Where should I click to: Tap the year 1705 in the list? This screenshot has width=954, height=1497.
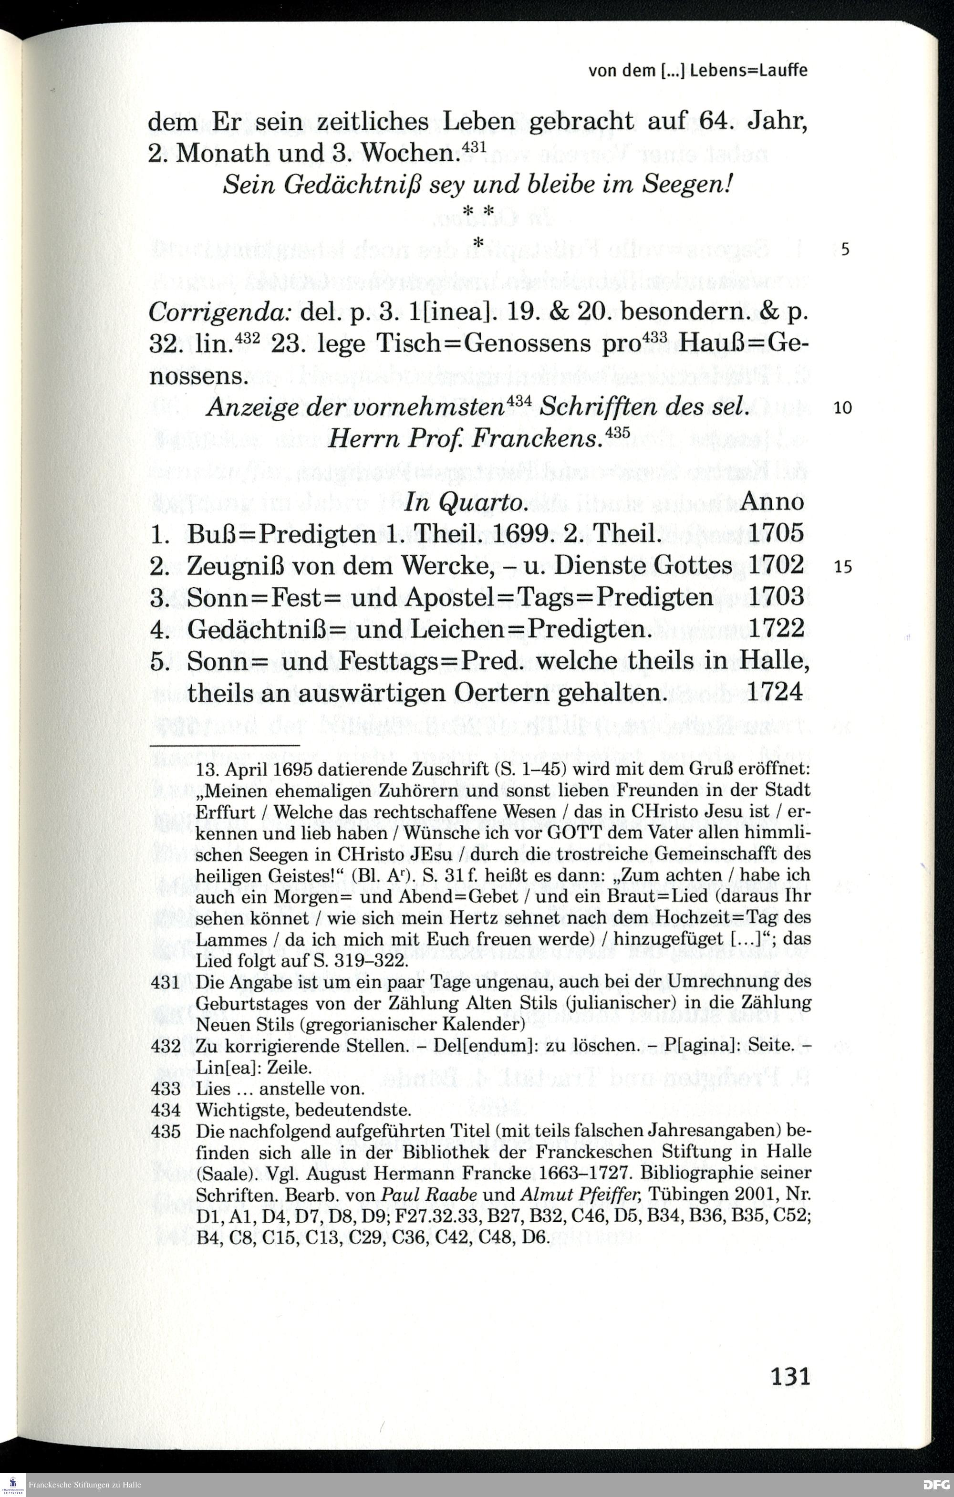776,533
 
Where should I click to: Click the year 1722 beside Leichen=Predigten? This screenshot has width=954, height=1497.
776,628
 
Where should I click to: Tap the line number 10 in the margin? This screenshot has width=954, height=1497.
843,408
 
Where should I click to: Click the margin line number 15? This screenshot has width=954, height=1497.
843,567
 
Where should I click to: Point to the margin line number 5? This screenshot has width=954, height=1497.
845,250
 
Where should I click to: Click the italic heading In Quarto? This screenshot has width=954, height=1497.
466,502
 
